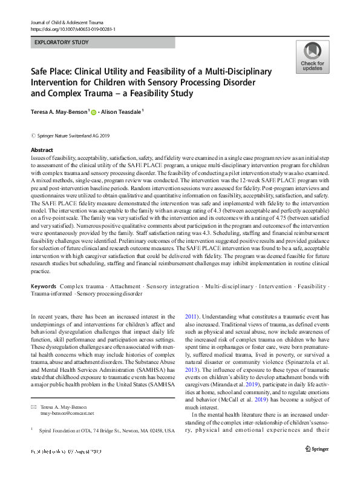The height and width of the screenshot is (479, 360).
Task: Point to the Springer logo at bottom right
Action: (316, 465)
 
